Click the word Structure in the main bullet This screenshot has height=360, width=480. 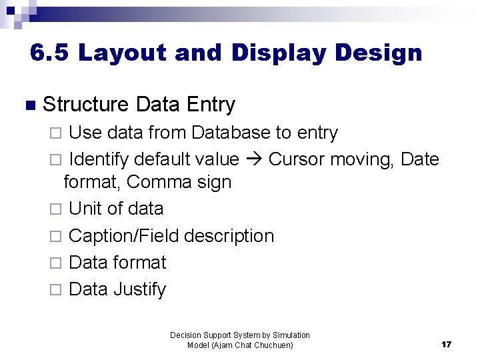[85, 105]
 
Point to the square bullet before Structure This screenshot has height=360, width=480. [27, 105]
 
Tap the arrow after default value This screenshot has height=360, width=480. [254, 160]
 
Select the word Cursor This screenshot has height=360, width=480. [297, 159]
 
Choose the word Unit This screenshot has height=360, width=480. [85, 209]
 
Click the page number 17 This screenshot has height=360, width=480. [446, 345]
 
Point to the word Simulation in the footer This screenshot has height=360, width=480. [291, 335]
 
